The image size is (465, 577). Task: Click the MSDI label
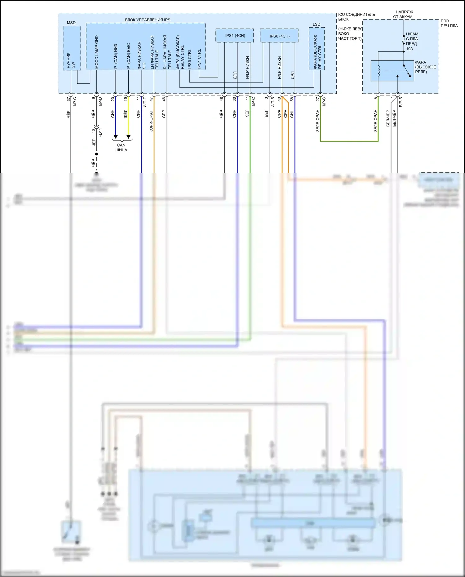pyautogui.click(x=72, y=23)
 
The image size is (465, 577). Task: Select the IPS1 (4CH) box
pyautogui.click(x=235, y=36)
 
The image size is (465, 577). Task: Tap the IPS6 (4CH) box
pyautogui.click(x=279, y=36)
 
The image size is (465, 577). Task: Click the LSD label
pyautogui.click(x=317, y=24)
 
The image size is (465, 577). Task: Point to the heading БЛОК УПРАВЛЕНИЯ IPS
pyautogui.click(x=148, y=20)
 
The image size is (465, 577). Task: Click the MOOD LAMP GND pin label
pyautogui.click(x=97, y=52)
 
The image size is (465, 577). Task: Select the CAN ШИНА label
pyautogui.click(x=121, y=147)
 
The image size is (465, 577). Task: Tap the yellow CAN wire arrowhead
pyautogui.click(x=128, y=137)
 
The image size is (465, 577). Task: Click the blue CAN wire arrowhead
pyautogui.click(x=115, y=137)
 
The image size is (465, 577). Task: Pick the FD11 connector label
pyautogui.click(x=100, y=133)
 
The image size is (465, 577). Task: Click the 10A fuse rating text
pyautogui.click(x=410, y=49)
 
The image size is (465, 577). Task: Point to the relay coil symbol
pyautogui.click(x=378, y=71)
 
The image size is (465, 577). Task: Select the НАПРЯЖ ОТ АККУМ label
pyautogui.click(x=404, y=14)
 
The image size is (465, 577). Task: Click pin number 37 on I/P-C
pyautogui.click(x=69, y=99)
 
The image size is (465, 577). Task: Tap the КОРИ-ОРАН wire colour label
pyautogui.click(x=151, y=121)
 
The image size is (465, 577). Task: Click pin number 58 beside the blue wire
pyautogui.click(x=292, y=99)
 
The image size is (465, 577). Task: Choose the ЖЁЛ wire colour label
pyautogui.click(x=126, y=114)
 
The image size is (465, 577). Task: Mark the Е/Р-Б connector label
pyautogui.click(x=401, y=102)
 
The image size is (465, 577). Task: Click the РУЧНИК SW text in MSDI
pyautogui.click(x=71, y=60)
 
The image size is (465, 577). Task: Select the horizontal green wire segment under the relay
pyautogui.click(x=349, y=141)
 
